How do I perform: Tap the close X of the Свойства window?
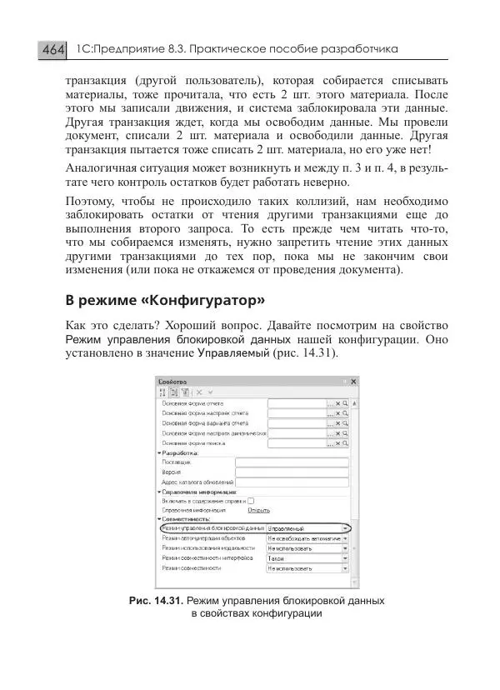click(354, 380)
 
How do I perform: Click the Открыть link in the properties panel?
click(258, 510)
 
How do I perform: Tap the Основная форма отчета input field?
click(295, 403)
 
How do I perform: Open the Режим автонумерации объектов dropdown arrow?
click(345, 539)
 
